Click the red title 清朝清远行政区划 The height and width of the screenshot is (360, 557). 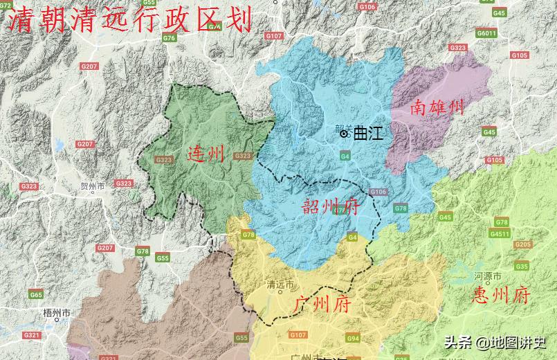(129, 20)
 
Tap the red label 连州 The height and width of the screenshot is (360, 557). (206, 154)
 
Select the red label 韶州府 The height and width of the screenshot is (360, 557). (331, 206)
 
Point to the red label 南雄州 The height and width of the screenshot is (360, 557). (437, 108)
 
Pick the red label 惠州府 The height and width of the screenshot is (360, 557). (501, 296)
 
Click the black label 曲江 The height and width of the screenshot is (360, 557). (367, 134)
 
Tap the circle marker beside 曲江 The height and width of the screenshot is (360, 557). (345, 133)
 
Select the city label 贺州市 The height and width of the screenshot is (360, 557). (91, 187)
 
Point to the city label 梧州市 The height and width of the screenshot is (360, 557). (56, 314)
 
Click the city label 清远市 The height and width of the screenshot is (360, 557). (280, 285)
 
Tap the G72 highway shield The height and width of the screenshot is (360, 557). (6, 6)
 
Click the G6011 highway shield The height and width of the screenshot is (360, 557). (486, 33)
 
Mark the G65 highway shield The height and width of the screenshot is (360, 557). (35, 294)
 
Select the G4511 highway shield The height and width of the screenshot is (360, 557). (499, 234)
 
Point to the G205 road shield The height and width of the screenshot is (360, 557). (522, 244)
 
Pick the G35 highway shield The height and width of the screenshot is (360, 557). (521, 267)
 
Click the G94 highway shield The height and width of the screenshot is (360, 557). (353, 339)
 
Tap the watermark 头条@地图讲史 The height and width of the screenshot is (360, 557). (495, 342)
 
